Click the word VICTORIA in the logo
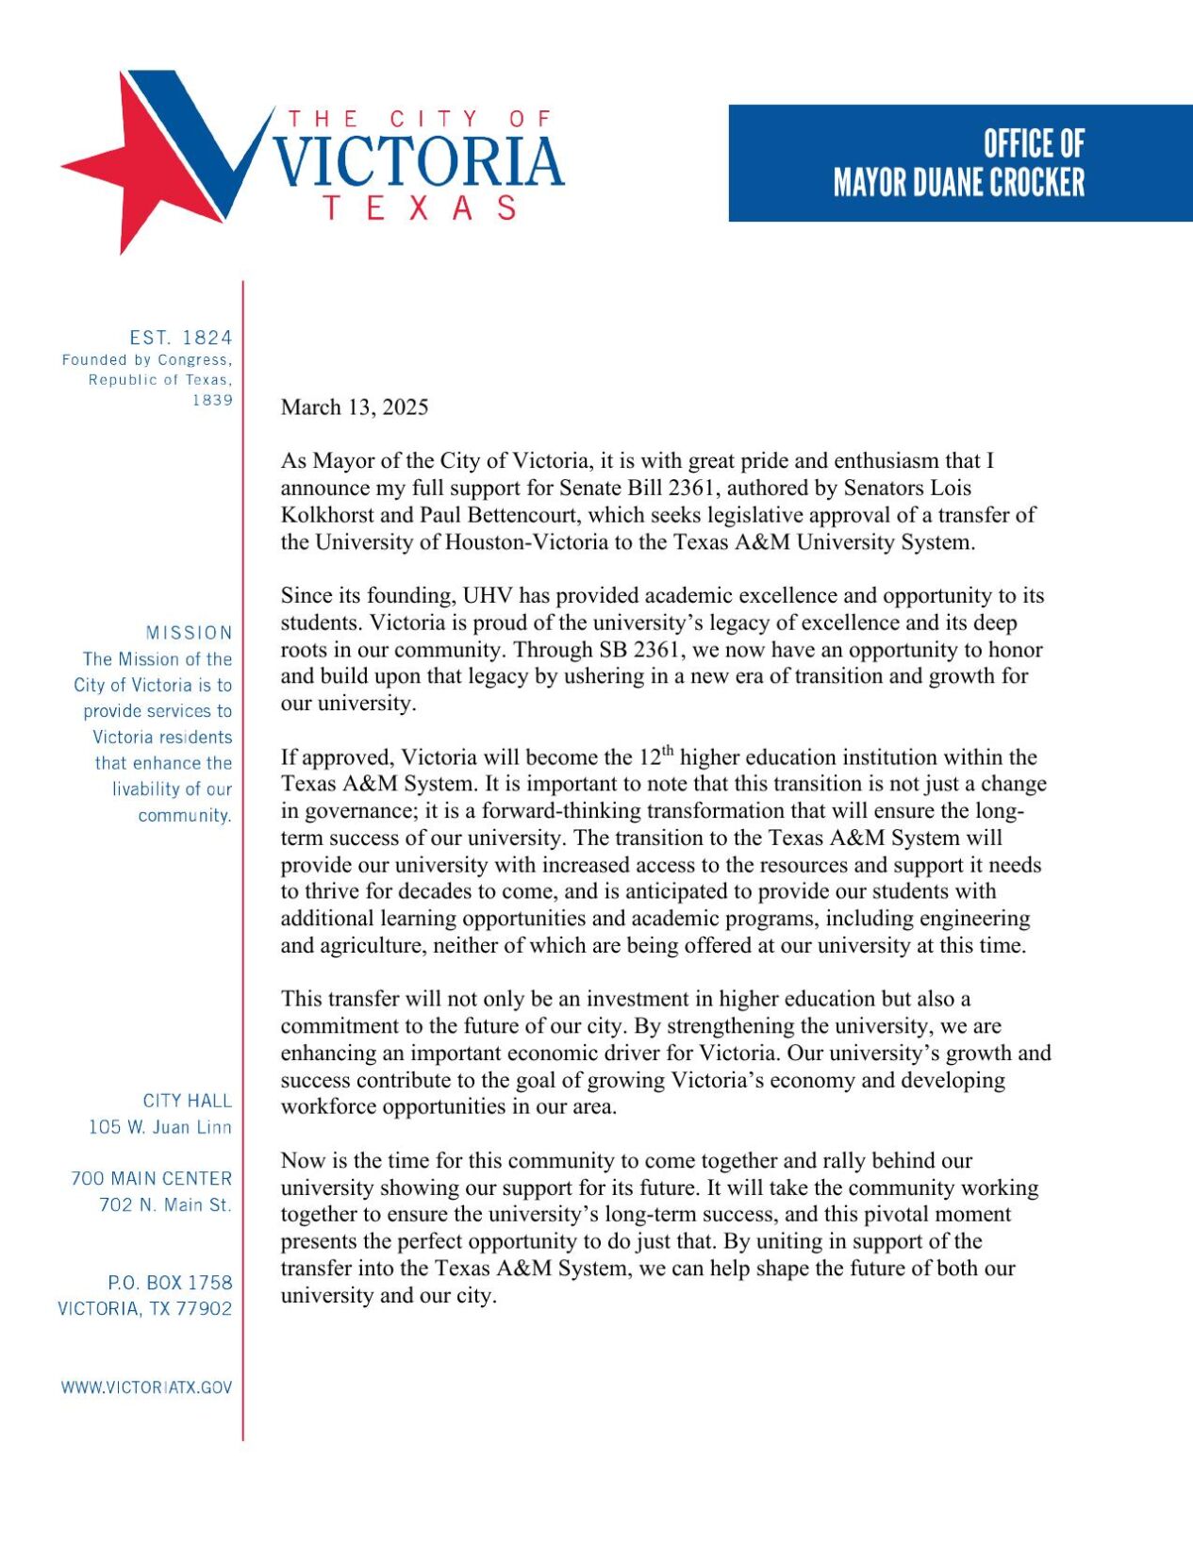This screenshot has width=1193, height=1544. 419,162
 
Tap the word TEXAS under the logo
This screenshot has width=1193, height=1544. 420,208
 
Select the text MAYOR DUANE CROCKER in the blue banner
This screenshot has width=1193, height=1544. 958,183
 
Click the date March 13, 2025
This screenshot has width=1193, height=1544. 355,407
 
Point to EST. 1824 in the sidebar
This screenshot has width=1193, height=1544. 181,338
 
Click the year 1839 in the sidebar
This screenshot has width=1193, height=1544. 212,400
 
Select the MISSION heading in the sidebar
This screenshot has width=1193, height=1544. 189,633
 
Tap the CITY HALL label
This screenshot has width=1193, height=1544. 187,1101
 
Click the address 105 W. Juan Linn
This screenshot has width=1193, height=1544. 160,1127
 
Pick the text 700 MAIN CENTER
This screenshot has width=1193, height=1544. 151,1179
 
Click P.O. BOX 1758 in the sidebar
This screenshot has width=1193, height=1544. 170,1283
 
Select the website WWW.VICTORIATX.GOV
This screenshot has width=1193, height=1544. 146,1387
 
